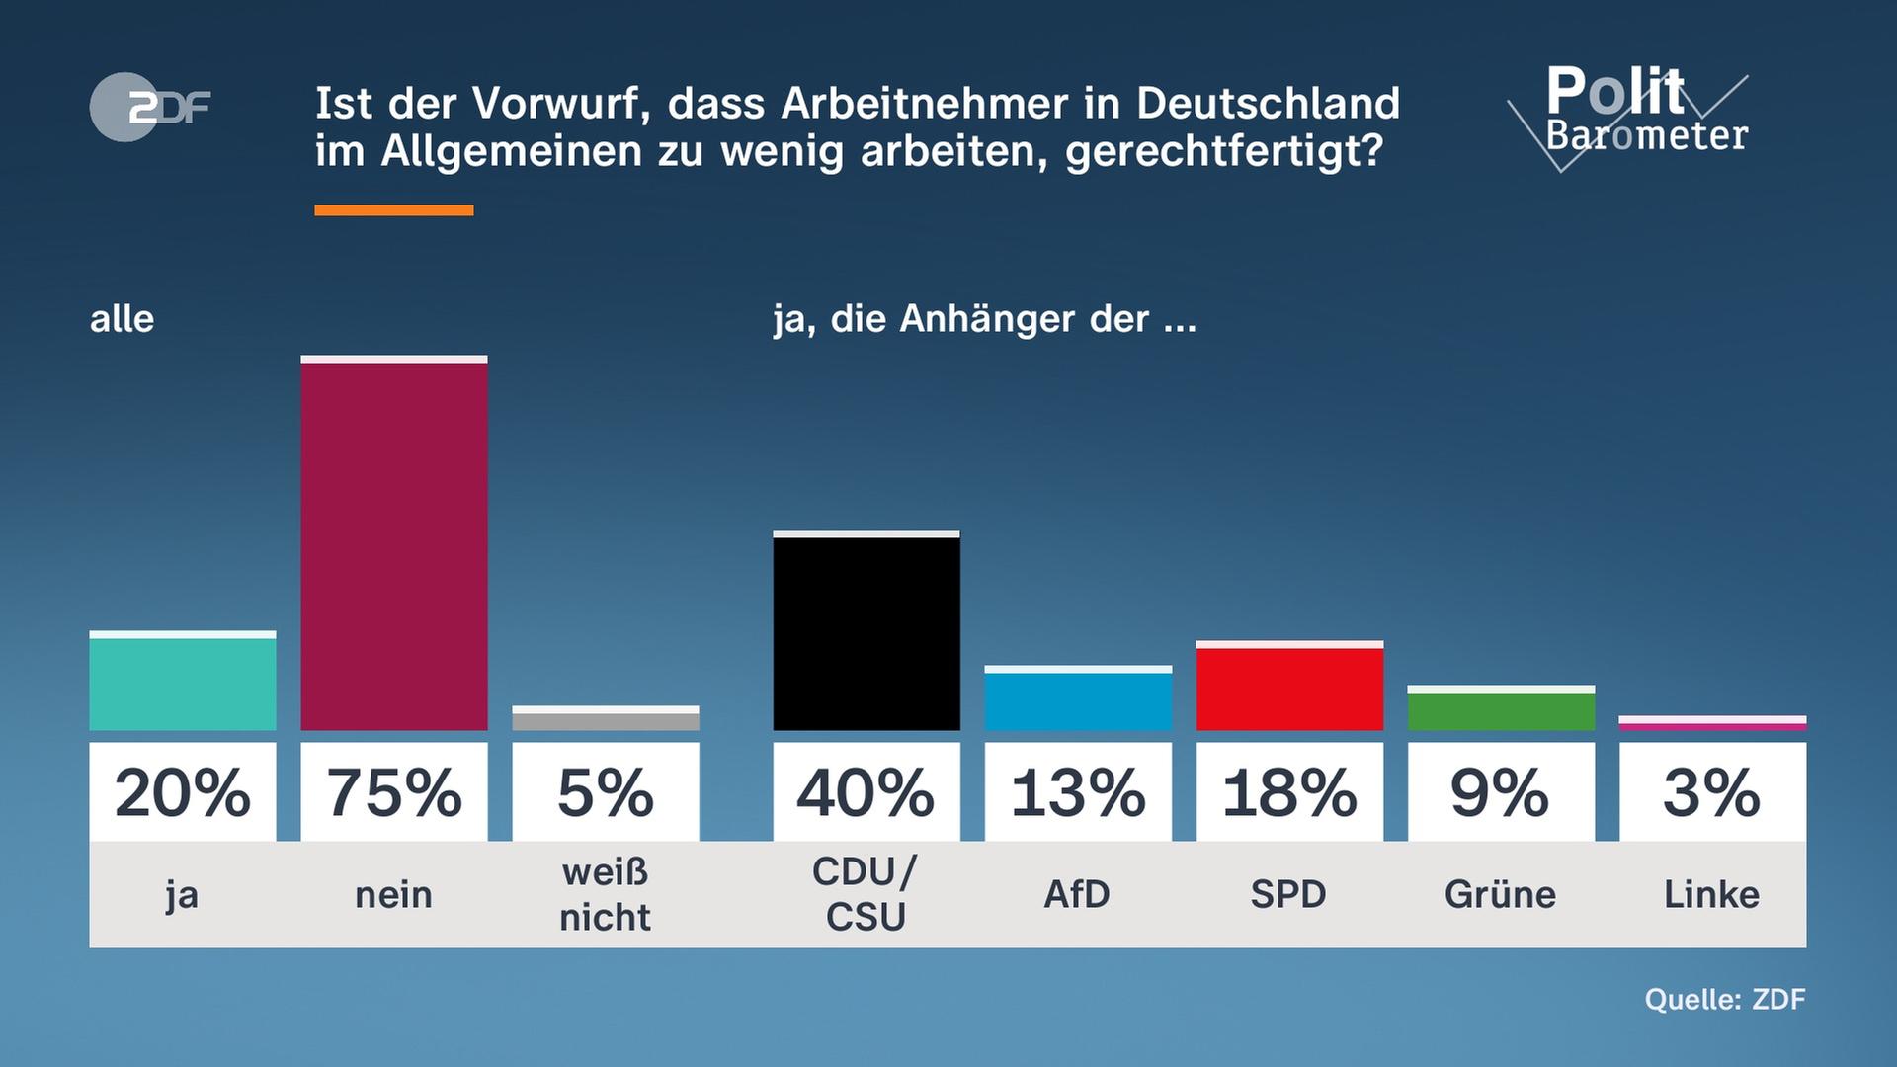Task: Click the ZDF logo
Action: pos(150,107)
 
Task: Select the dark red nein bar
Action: pos(393,545)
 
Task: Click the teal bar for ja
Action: pos(182,683)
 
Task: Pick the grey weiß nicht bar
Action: pos(605,720)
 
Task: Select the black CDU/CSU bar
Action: pos(866,633)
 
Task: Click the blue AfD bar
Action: pos(1077,700)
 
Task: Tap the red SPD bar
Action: pos(1288,688)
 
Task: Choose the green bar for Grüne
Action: pos(1500,710)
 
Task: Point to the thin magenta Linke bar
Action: pos(1711,726)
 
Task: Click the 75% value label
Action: pos(393,792)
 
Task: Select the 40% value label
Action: pos(866,792)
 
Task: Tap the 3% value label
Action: pos(1711,792)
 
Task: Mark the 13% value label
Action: pos(1077,792)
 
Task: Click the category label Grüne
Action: pos(1500,894)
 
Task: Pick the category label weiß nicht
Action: pos(605,894)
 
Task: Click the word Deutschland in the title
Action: pos(1268,104)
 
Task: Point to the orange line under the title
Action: pos(393,210)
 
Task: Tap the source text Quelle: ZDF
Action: pos(1724,999)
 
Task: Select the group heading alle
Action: pos(122,319)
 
